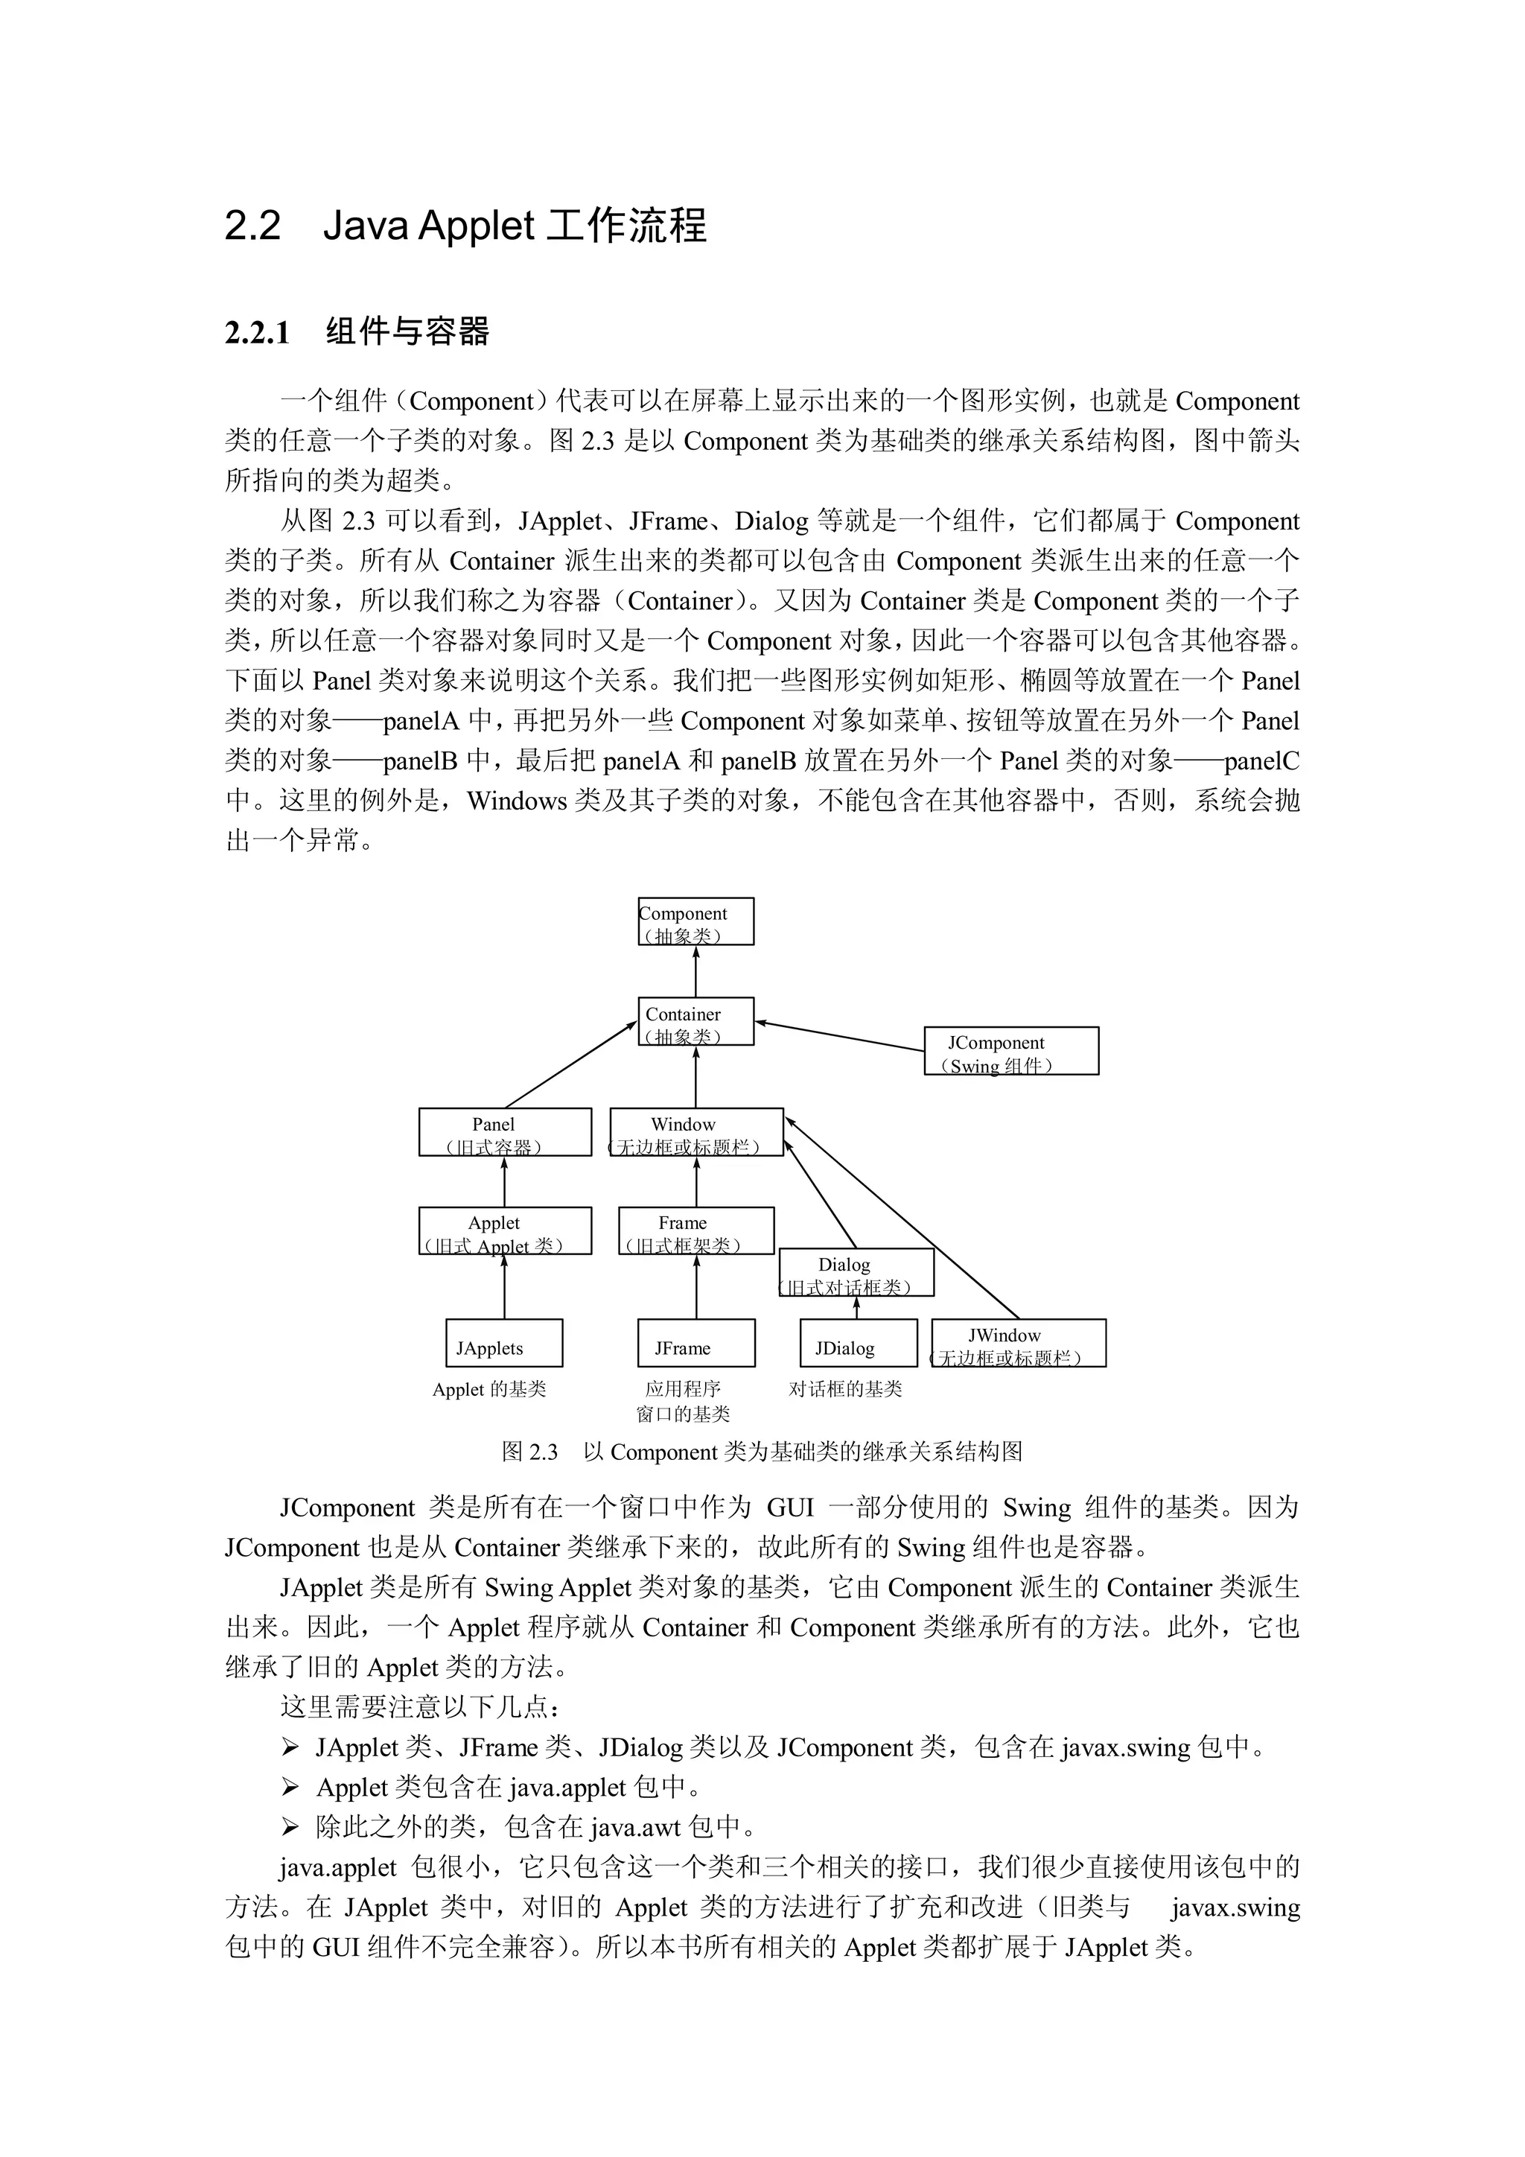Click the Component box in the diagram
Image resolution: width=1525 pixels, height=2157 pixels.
pos(695,921)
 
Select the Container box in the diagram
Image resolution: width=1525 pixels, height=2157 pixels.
pos(695,1022)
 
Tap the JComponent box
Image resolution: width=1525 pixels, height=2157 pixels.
pos(1011,1051)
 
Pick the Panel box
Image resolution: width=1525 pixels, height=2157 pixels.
pos(505,1133)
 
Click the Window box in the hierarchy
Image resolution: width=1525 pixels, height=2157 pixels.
pos(695,1133)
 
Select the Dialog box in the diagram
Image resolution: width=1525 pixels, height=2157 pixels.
pos(856,1273)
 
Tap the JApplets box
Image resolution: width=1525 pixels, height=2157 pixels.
pos(503,1344)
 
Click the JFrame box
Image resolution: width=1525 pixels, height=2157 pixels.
pos(695,1344)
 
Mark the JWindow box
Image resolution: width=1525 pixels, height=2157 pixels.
pos(1019,1344)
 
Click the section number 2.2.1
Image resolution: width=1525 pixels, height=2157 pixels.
pos(258,333)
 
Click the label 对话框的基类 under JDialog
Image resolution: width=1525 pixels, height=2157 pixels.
pos(845,1389)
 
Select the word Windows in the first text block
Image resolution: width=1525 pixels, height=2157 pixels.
pos(518,801)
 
